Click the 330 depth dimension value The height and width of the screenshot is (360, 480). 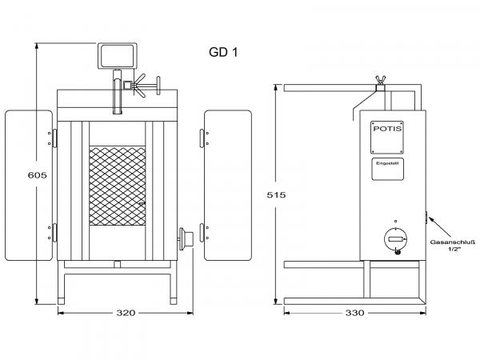point(354,312)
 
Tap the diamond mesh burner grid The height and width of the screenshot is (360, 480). point(116,186)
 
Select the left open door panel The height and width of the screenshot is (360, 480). point(30,186)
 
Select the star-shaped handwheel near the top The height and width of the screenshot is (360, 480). point(145,84)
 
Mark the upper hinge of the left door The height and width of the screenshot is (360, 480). point(54,138)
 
